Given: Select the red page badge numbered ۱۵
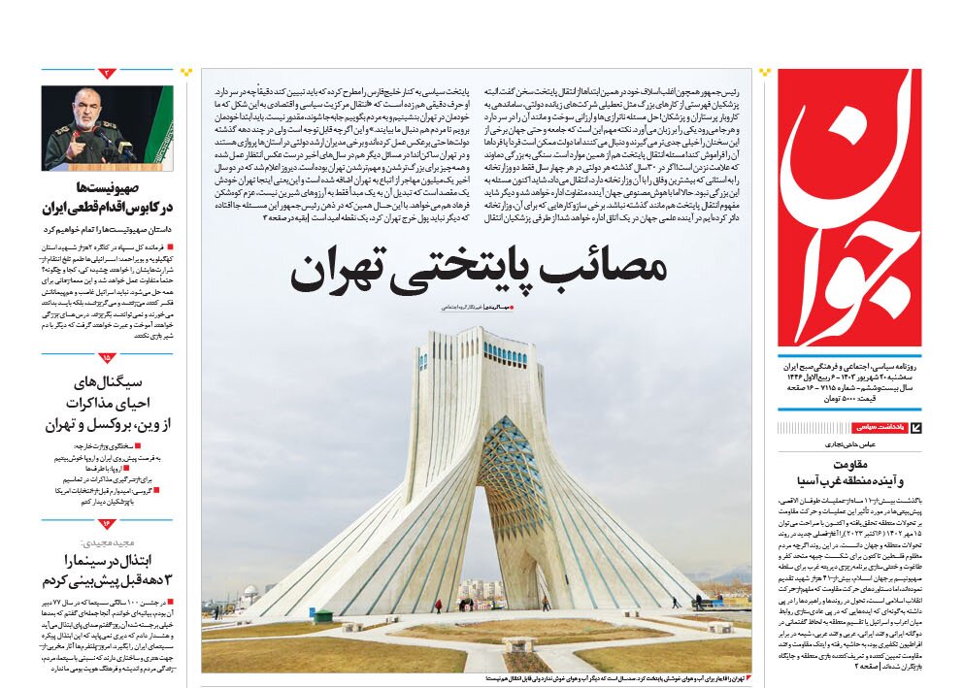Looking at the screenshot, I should click(107, 357).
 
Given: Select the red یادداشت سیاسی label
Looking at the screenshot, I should click(880, 428).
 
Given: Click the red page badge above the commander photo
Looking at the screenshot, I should click(107, 73).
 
